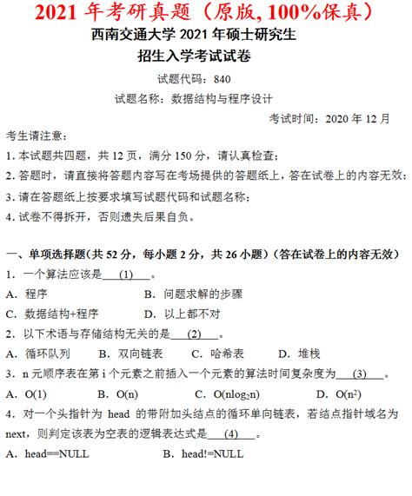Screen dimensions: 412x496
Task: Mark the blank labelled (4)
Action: (x=230, y=433)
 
